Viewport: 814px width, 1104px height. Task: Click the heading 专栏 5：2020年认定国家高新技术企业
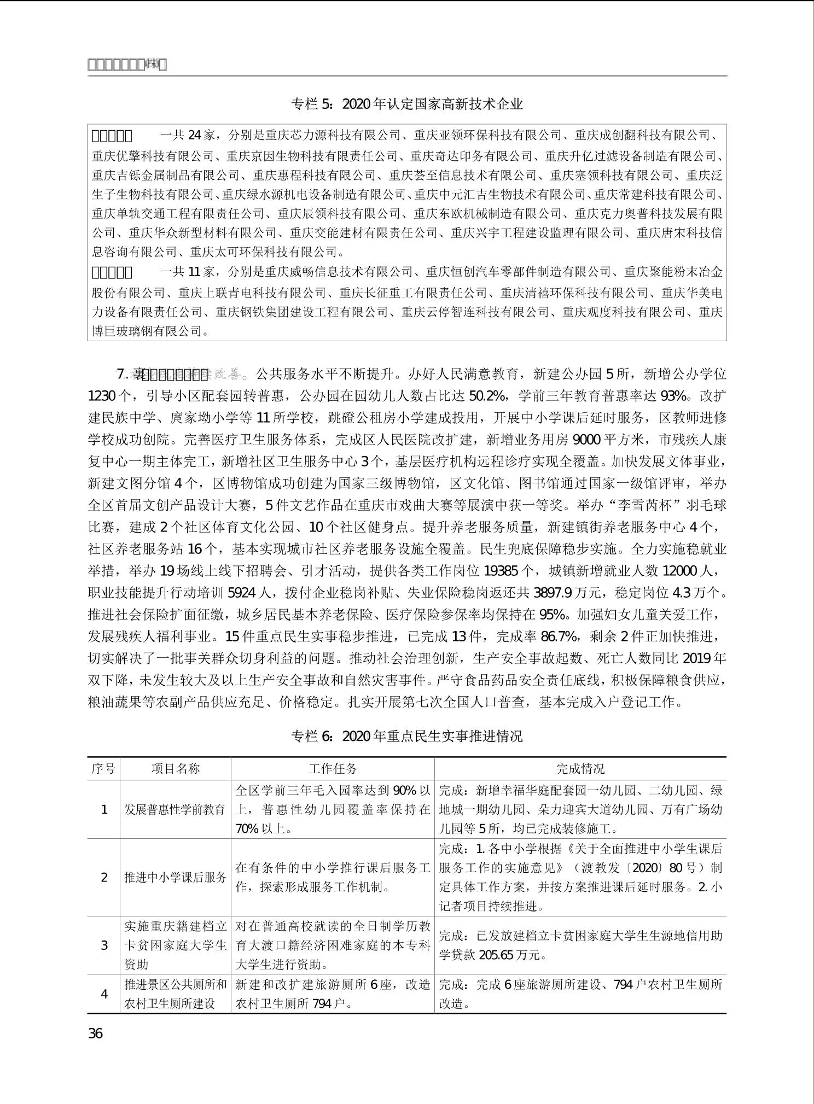click(x=407, y=104)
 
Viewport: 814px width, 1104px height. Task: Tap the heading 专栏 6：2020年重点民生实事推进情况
click(x=407, y=736)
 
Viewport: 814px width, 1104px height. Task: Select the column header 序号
click(x=103, y=769)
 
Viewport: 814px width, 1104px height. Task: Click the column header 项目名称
click(x=176, y=769)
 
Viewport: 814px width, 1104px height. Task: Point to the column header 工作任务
click(x=333, y=769)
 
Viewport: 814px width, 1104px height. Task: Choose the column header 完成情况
click(x=580, y=769)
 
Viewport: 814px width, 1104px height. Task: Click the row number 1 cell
click(x=103, y=809)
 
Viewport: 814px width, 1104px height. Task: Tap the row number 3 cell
click(x=103, y=945)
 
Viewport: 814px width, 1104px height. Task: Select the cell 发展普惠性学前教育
click(x=175, y=809)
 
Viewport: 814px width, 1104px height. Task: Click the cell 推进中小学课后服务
click(x=175, y=878)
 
